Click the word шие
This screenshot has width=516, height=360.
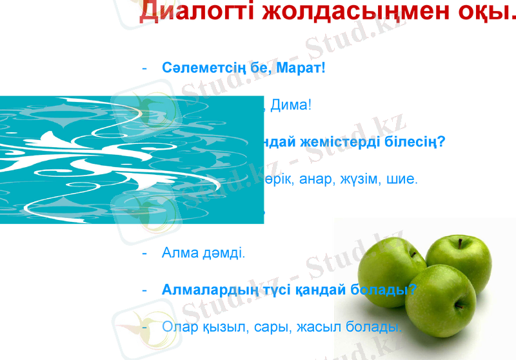click(x=405, y=179)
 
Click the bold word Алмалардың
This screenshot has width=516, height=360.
click(x=208, y=290)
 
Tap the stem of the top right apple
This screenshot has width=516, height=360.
click(x=461, y=243)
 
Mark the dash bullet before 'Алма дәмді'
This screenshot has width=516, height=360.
click(x=145, y=253)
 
